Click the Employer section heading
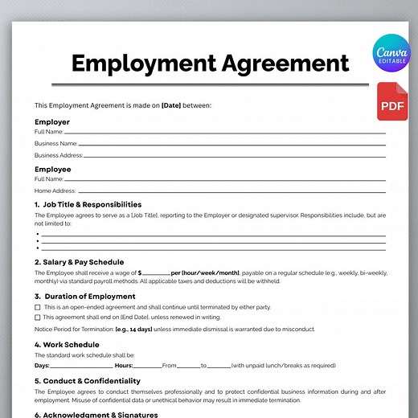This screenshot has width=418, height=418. [52, 122]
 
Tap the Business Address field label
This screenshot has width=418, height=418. [58, 155]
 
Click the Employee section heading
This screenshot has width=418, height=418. [53, 170]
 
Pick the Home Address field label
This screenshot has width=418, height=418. [54, 191]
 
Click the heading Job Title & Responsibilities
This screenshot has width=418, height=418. [88, 205]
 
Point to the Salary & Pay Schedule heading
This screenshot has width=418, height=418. [79, 262]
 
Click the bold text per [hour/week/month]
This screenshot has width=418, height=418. [205, 273]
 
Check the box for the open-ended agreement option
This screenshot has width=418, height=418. [38, 307]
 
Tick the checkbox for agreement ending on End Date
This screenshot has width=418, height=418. [38, 318]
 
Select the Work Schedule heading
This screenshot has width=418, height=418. [67, 344]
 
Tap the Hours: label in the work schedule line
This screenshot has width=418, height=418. [124, 365]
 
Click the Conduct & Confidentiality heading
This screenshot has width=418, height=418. [87, 381]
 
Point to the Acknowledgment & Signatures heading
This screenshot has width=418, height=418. [96, 415]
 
